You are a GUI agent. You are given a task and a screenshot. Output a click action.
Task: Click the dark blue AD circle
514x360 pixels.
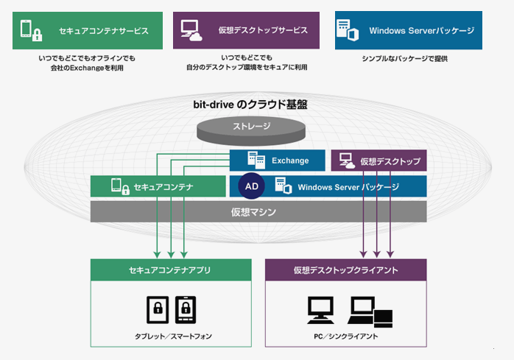251,186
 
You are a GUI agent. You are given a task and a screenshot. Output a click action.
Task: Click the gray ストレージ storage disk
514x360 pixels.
251,131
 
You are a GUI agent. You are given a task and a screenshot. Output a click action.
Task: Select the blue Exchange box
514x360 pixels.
278,160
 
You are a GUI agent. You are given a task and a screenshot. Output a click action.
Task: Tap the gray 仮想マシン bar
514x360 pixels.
258,212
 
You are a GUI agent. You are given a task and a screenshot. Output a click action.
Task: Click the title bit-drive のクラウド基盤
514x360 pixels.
250,105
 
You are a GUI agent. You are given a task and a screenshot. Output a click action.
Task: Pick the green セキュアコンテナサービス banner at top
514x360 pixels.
88,31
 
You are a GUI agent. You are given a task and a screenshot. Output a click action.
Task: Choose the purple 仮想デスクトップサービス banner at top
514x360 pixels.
246,30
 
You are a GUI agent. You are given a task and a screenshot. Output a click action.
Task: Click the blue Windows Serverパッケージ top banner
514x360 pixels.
409,30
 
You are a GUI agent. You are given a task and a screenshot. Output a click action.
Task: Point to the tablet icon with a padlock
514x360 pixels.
158,309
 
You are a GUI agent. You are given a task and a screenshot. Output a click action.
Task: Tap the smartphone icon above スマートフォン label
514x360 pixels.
186,309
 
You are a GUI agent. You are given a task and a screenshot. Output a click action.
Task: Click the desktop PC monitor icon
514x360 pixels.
320,310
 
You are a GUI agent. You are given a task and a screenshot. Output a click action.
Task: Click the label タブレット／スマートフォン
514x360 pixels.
173,336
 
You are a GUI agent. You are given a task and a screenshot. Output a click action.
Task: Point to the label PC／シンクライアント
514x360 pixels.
346,336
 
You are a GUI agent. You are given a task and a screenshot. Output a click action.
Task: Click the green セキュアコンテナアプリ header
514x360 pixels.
171,270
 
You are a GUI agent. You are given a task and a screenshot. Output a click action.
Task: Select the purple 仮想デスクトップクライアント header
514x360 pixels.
346,270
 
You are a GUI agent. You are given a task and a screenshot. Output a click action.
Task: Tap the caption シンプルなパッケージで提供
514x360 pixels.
405,59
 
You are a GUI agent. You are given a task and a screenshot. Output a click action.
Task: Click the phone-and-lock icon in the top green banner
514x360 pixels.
32,30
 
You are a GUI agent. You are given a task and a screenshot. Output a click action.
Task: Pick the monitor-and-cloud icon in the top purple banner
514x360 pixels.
191,30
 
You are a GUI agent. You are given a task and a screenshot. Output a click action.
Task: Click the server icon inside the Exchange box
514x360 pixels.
256,160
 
